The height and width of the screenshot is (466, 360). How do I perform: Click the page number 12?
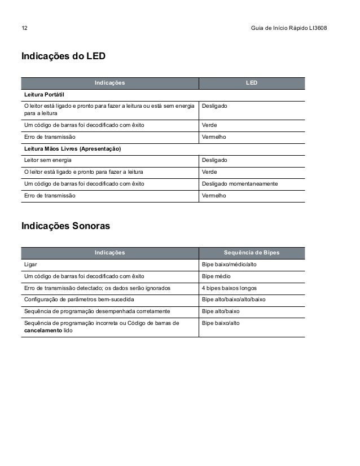click(25, 28)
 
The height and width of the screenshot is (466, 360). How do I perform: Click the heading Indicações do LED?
click(63, 57)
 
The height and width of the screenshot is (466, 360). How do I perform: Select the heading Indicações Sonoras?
click(65, 226)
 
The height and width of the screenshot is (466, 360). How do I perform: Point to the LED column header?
click(252, 83)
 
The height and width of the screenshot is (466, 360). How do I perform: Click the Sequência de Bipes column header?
click(252, 252)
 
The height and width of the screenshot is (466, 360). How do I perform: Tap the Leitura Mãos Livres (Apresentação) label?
click(72, 149)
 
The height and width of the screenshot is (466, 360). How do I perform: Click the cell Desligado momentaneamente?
click(239, 184)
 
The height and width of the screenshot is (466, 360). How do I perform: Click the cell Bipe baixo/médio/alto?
click(229, 264)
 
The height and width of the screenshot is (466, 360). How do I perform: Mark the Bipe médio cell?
click(216, 276)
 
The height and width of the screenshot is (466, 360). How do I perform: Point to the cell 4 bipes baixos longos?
click(229, 288)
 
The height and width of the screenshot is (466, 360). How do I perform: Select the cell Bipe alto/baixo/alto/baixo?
click(234, 300)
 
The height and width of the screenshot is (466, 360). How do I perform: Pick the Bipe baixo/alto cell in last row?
click(221, 323)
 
